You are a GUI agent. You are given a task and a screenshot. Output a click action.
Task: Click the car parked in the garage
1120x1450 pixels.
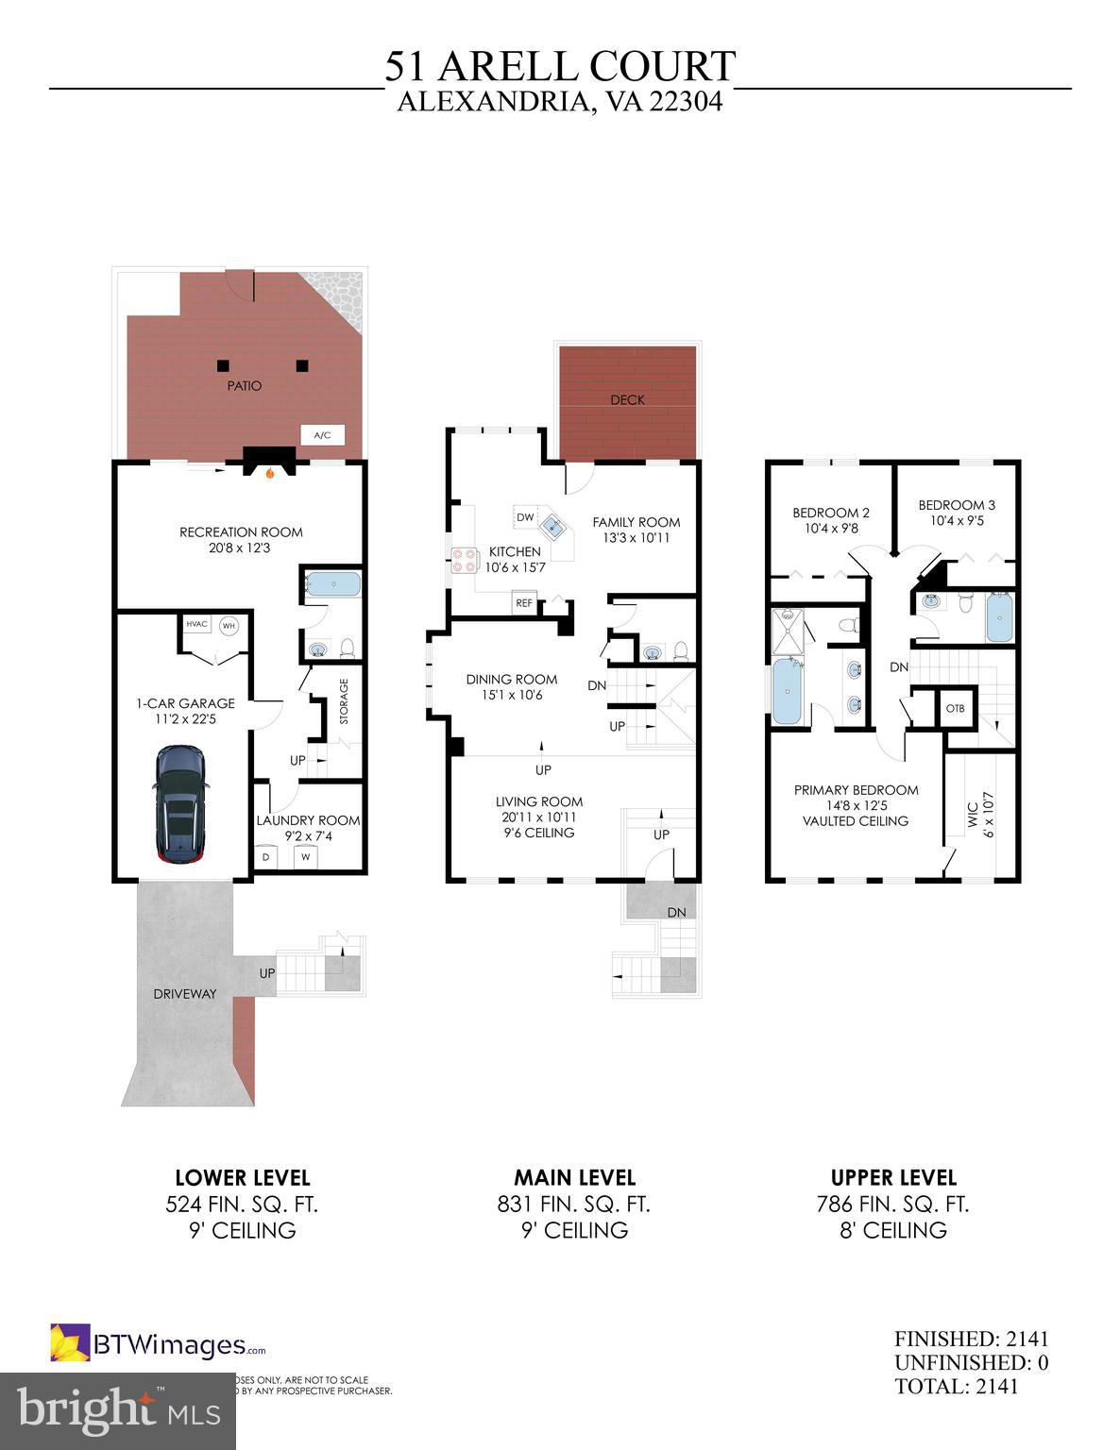click(179, 804)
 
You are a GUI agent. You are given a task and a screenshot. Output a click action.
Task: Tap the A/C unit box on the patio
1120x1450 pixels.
click(322, 435)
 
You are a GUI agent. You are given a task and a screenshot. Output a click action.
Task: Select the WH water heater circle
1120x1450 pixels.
click(229, 625)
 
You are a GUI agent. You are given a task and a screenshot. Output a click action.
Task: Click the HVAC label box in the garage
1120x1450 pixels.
click(196, 624)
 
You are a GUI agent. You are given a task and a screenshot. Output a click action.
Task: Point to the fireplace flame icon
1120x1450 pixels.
click(270, 473)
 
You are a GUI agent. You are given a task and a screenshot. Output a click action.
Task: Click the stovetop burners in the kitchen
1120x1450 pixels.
click(463, 561)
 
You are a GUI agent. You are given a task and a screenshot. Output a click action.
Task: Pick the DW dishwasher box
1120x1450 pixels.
click(525, 517)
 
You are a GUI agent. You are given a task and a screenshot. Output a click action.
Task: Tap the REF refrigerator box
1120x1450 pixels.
click(523, 603)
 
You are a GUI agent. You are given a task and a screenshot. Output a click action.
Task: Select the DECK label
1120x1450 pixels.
click(627, 399)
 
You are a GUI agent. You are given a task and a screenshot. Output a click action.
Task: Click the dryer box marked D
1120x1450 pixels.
click(265, 857)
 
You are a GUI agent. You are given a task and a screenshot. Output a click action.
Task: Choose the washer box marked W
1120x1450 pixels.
click(305, 857)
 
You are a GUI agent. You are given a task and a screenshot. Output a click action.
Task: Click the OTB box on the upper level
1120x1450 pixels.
click(955, 709)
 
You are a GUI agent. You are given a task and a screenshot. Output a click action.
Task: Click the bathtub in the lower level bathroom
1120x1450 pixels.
click(332, 583)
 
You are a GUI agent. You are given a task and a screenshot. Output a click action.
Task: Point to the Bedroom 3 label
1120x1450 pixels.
click(956, 505)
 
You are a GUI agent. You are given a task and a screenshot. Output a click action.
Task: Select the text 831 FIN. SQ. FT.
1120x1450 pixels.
click(573, 1205)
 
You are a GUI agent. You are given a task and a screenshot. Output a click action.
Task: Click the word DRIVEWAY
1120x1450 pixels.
click(185, 994)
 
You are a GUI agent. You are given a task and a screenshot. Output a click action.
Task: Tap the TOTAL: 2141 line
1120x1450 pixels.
click(957, 1387)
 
